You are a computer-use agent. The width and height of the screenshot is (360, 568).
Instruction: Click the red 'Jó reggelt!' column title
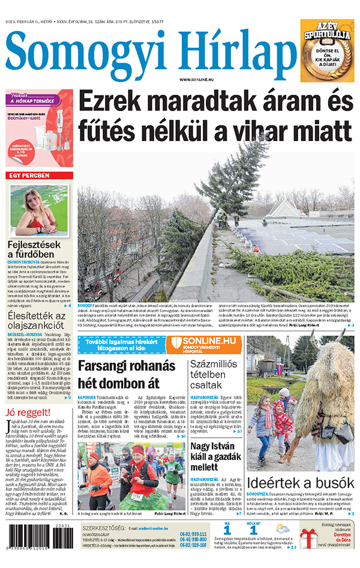tap(26, 412)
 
